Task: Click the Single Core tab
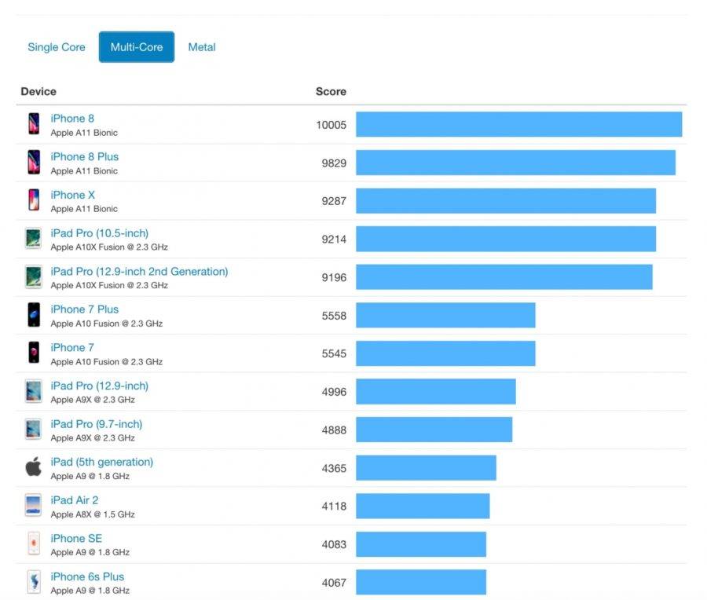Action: [x=57, y=47]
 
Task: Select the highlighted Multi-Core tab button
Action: [x=137, y=47]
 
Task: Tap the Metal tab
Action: [x=202, y=47]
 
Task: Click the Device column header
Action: [x=38, y=92]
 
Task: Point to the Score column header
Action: [x=331, y=92]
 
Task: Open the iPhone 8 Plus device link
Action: [x=85, y=157]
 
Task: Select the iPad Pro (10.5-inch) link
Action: [x=100, y=233]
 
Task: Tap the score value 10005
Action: [x=331, y=125]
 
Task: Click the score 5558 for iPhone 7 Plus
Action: [x=333, y=316]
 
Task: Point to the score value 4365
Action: [x=333, y=468]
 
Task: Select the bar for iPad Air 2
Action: [x=423, y=507]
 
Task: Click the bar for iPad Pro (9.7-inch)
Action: [x=434, y=430]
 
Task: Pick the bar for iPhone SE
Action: [x=421, y=544]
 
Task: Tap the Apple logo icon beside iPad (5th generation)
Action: [x=33, y=467]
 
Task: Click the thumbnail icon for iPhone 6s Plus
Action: [x=33, y=582]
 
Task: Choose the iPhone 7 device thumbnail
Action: [x=34, y=353]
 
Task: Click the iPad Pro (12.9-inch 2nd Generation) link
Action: [x=139, y=272]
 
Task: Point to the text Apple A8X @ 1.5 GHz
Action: [x=93, y=514]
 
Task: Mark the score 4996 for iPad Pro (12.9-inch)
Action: [x=333, y=392]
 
